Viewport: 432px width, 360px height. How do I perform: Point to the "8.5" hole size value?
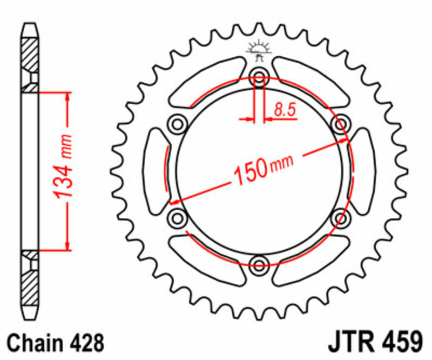click(285, 110)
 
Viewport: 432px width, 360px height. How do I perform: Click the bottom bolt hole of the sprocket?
click(259, 264)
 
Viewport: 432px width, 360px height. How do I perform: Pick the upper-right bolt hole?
click(341, 124)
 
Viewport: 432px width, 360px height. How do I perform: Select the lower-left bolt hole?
click(177, 218)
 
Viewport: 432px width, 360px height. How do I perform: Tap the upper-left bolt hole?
click(177, 124)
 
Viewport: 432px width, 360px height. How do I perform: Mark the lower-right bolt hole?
click(341, 218)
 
